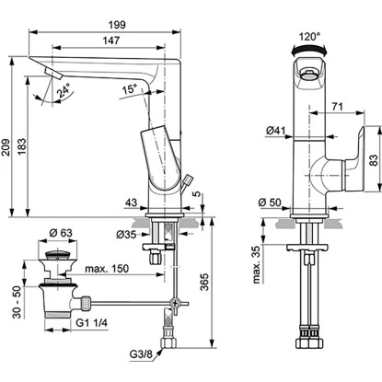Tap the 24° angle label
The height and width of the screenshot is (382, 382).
(x=63, y=94)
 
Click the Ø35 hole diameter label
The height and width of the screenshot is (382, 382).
(x=130, y=236)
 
